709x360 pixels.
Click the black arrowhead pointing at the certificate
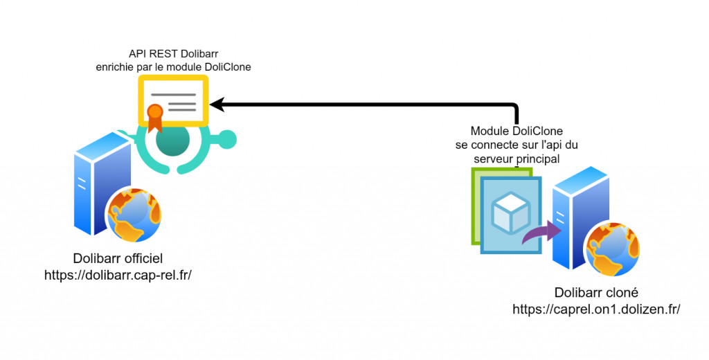(216, 105)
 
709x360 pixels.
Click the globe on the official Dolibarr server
(134, 212)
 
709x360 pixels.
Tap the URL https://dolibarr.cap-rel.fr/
(117, 275)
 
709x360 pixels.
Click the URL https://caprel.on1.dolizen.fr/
(595, 309)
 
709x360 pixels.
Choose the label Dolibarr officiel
(117, 259)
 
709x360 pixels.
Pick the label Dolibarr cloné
(596, 293)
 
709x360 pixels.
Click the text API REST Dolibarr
(172, 53)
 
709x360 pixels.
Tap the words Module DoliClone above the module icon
(517, 131)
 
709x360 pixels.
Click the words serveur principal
(517, 159)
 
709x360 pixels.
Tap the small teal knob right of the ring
(228, 139)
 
